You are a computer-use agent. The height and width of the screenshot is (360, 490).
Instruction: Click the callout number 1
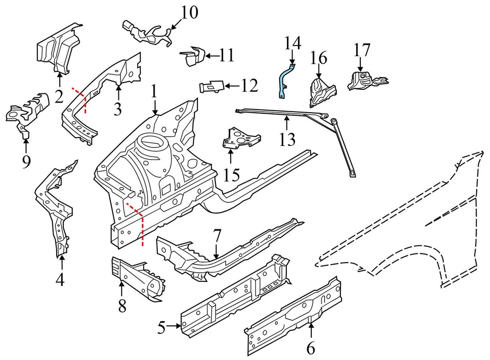[x=154, y=92]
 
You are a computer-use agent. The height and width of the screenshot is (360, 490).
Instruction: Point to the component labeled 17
[x=365, y=81]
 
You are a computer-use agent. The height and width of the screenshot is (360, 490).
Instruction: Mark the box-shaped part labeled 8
[x=138, y=278]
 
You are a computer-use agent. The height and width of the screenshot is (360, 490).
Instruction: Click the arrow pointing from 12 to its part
[x=232, y=87]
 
